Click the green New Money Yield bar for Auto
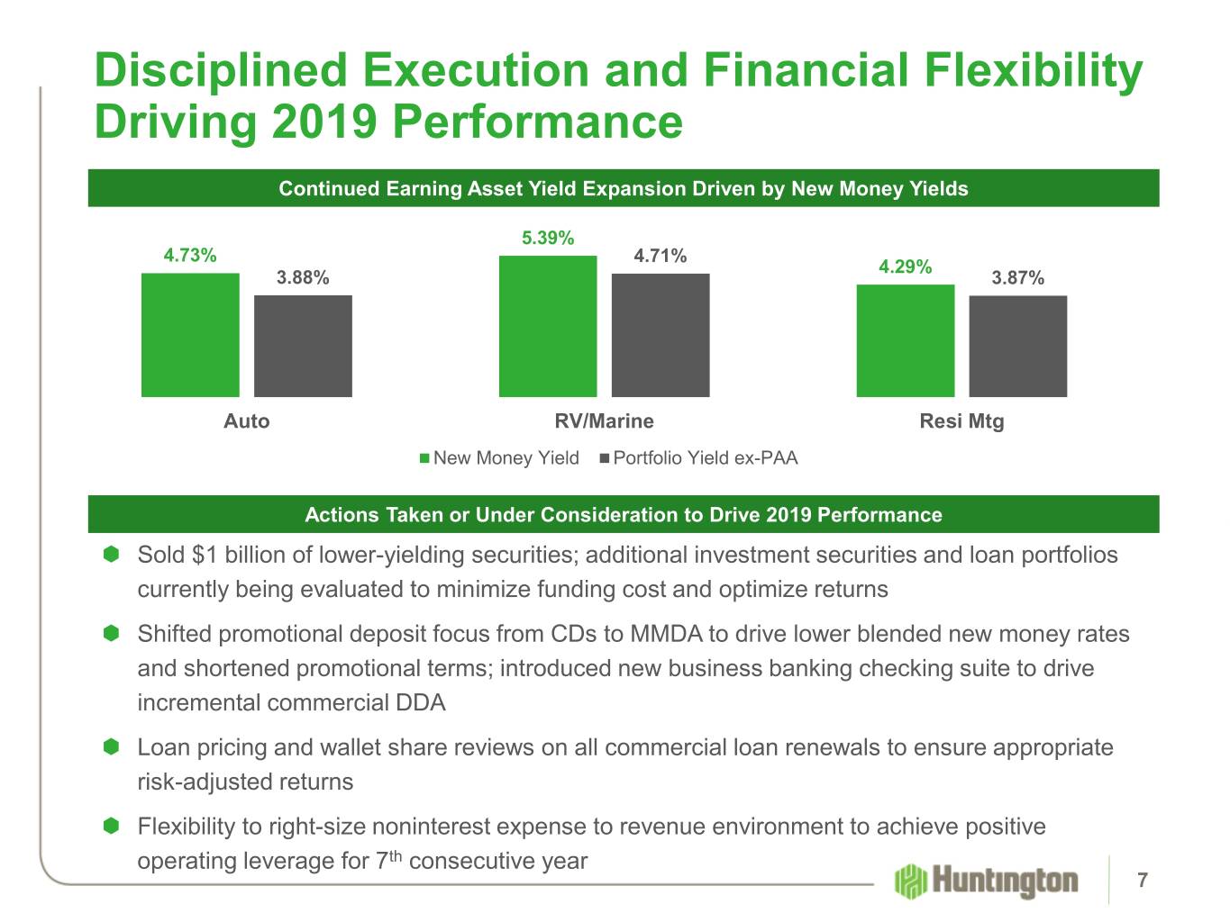coord(190,334)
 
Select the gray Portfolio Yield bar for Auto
coord(303,346)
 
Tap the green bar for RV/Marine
coord(548,326)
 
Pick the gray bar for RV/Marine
coord(661,335)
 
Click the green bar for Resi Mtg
coord(905,340)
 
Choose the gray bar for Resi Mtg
coord(1017,346)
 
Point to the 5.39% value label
coord(548,238)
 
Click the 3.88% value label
coord(303,277)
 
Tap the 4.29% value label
coord(905,267)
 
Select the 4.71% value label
coord(661,256)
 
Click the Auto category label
coord(246,421)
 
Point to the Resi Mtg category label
coord(961,421)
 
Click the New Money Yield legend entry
coord(499,458)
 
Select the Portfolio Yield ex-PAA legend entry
coord(698,458)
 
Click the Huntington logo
coord(986,880)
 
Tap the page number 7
coord(1143,880)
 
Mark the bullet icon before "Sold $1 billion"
coord(111,555)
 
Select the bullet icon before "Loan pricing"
coord(111,747)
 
